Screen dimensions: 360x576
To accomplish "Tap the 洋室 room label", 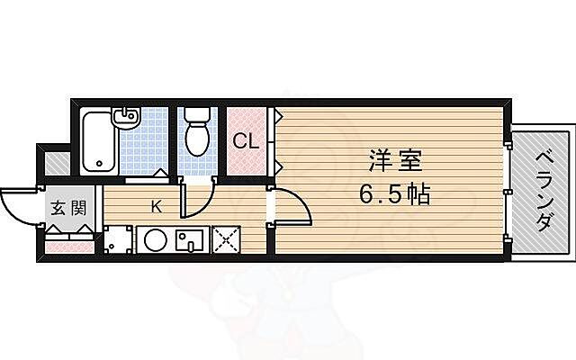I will tap(394, 163).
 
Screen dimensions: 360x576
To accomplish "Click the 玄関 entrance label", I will tap(67, 209).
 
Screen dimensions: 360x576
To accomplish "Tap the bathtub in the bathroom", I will tap(97, 141).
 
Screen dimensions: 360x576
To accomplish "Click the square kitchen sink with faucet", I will tap(193, 240).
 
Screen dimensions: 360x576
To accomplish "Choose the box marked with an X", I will tap(225, 240).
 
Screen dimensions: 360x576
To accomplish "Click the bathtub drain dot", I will tap(97, 165).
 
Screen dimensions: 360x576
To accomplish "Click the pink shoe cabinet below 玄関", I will tap(68, 242).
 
